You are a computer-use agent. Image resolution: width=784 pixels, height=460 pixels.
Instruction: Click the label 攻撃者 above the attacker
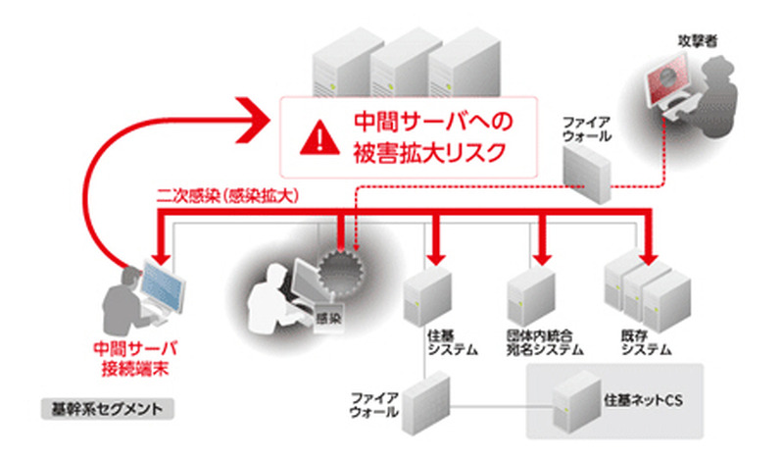[692, 41]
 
